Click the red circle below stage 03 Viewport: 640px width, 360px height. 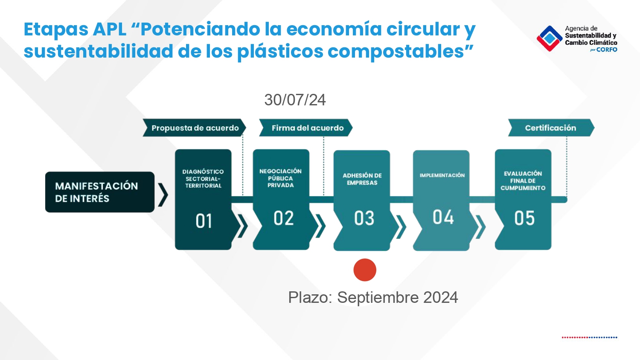[x=365, y=270]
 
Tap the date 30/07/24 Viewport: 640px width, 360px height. [x=295, y=100]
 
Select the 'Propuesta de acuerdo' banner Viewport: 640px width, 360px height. [x=194, y=128]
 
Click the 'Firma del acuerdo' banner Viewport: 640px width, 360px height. [x=306, y=128]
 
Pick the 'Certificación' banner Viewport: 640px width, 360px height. [x=551, y=128]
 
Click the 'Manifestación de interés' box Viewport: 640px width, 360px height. [x=100, y=192]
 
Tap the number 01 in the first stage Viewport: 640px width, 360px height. [x=204, y=221]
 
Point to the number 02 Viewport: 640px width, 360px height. [x=283, y=218]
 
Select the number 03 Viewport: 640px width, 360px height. [x=364, y=218]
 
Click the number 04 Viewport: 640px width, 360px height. [x=443, y=217]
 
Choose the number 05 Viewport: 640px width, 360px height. [x=524, y=218]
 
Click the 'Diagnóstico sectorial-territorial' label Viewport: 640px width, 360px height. [x=203, y=179]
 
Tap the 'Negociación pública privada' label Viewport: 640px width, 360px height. [x=281, y=178]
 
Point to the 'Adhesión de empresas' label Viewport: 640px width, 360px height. [x=362, y=179]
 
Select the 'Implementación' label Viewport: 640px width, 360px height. [x=442, y=175]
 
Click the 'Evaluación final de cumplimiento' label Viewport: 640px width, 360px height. [x=523, y=180]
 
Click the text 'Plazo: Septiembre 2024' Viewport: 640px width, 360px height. [x=373, y=297]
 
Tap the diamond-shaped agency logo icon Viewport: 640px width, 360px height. [x=550, y=38]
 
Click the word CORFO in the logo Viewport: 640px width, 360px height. [x=607, y=50]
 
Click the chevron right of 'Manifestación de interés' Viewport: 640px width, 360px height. [x=163, y=195]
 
